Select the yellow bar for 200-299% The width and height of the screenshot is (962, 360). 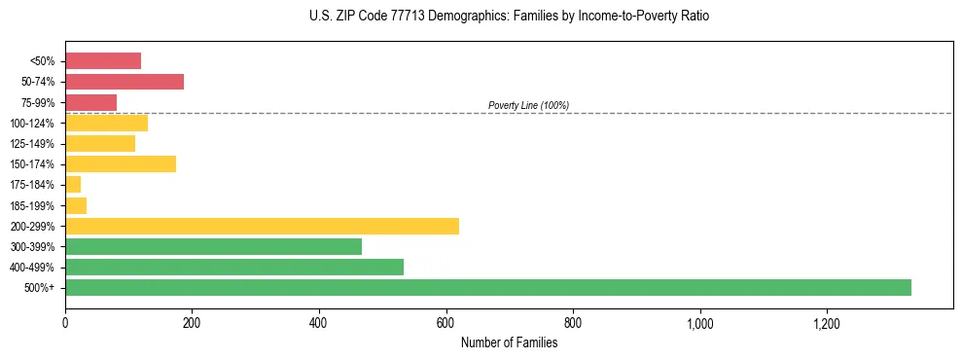pos(262,226)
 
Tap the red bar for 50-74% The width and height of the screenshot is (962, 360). pos(125,82)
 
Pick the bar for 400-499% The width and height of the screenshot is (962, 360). pos(234,267)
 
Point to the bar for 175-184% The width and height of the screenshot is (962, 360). pos(73,184)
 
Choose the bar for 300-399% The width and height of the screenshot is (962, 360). pos(213,246)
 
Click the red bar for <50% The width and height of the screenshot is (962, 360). pos(103,61)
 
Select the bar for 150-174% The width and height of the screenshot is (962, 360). pos(121,163)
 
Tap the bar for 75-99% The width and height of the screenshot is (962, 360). pos(90,102)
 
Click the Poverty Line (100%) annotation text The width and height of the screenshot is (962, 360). pos(528,105)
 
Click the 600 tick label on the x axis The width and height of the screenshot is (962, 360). pos(445,322)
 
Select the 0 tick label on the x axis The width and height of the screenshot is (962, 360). pos(65,322)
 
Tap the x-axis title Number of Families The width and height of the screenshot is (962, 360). pos(509,342)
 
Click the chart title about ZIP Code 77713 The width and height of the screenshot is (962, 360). pos(509,17)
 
